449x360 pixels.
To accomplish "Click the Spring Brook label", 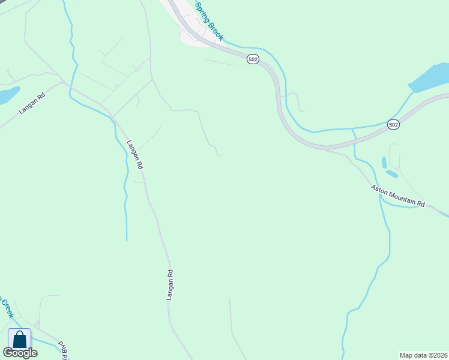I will (209, 22).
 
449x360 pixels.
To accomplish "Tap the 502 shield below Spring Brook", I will (253, 59).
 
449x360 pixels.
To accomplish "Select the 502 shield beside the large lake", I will (393, 124).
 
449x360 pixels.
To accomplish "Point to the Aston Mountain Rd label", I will (397, 196).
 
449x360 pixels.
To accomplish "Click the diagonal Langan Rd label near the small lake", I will (32, 104).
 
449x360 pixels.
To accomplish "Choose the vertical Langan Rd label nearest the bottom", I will (170, 286).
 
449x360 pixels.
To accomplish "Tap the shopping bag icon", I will (19, 339).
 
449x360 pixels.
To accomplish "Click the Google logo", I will (20, 353).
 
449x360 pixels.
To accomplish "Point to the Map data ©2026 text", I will (423, 355).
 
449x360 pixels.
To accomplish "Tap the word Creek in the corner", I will (7, 309).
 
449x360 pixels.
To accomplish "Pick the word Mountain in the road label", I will (402, 198).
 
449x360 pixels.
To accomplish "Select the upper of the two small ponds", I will (384, 163).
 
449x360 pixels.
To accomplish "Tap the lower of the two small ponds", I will (392, 174).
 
